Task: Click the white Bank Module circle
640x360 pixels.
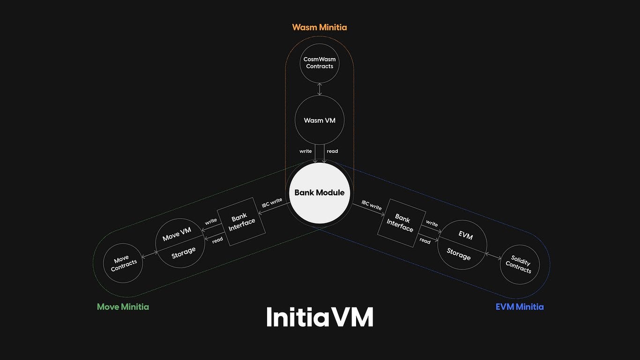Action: click(x=320, y=193)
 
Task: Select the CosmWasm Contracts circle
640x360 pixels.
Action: click(x=320, y=63)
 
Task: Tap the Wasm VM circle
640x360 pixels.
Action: click(x=320, y=120)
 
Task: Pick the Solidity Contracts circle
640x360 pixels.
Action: click(x=519, y=264)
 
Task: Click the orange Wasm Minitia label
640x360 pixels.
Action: click(x=320, y=27)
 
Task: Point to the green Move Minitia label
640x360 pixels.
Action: click(x=123, y=307)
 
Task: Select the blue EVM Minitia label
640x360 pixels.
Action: click(x=520, y=307)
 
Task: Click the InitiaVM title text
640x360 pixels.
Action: click(x=320, y=317)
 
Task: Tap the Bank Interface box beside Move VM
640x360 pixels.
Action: click(x=241, y=222)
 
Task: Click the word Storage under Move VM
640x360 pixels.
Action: click(x=183, y=252)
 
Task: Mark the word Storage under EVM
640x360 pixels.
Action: click(x=459, y=254)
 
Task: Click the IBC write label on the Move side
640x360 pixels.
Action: click(x=272, y=202)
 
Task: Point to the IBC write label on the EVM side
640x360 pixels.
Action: click(x=371, y=204)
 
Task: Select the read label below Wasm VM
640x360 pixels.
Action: click(x=332, y=151)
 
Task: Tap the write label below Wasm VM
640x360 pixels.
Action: click(x=305, y=151)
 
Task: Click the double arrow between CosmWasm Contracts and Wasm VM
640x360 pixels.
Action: click(x=320, y=89)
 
